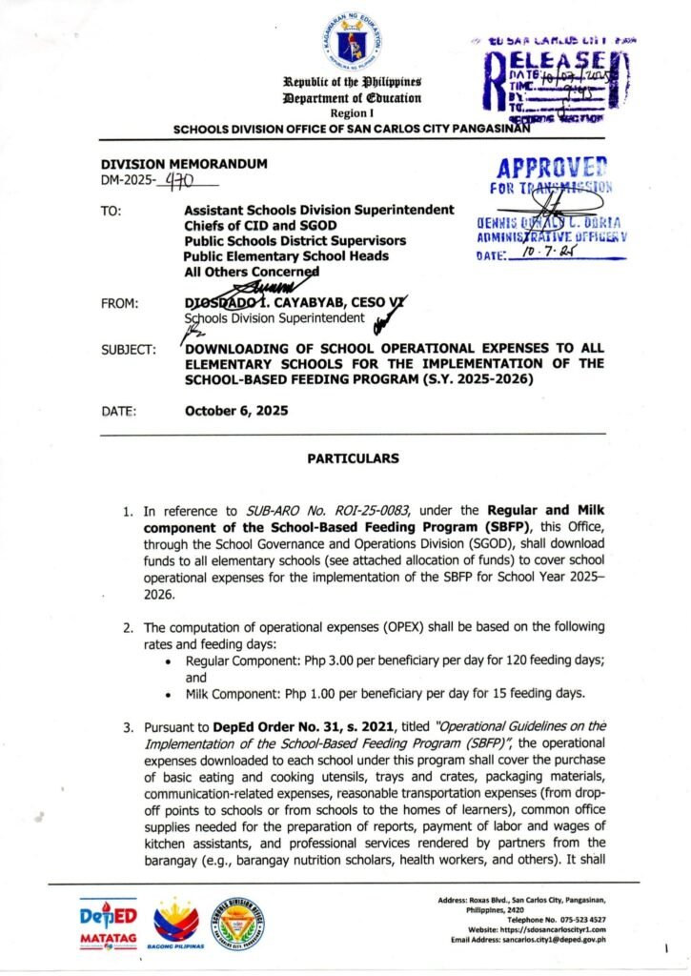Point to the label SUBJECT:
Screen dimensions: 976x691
[129, 351]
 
